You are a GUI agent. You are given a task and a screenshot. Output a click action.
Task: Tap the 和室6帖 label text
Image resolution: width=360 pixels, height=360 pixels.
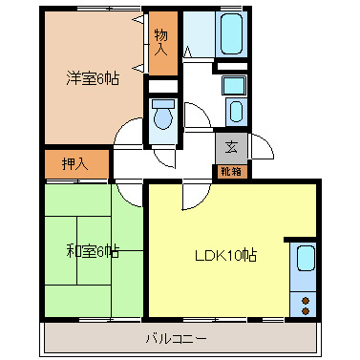click(93, 252)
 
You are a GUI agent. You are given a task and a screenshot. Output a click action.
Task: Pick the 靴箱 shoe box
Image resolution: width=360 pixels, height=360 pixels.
click(231, 172)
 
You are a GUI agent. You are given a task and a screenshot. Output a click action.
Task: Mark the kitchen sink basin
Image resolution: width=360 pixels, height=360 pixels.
click(305, 261)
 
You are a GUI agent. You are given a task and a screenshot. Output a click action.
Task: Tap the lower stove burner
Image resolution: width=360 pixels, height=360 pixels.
click(305, 309)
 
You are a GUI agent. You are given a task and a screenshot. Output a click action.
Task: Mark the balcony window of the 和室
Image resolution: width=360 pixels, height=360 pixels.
click(93, 316)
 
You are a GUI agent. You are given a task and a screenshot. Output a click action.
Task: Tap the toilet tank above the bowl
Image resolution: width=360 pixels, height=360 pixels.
click(162, 102)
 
